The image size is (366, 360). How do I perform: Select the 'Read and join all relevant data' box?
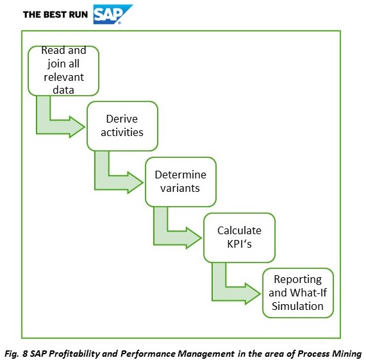63,71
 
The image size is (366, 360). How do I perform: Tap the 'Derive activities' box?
122,126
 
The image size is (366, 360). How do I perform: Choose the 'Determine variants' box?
181,182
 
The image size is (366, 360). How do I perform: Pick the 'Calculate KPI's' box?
239,237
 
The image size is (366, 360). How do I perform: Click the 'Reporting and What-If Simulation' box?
298,293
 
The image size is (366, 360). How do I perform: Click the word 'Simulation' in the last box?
297,306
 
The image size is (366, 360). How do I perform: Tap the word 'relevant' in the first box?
63,78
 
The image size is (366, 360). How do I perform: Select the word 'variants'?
180,188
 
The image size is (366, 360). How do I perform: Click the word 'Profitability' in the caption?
74,354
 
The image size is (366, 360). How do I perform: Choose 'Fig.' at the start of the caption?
12,354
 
